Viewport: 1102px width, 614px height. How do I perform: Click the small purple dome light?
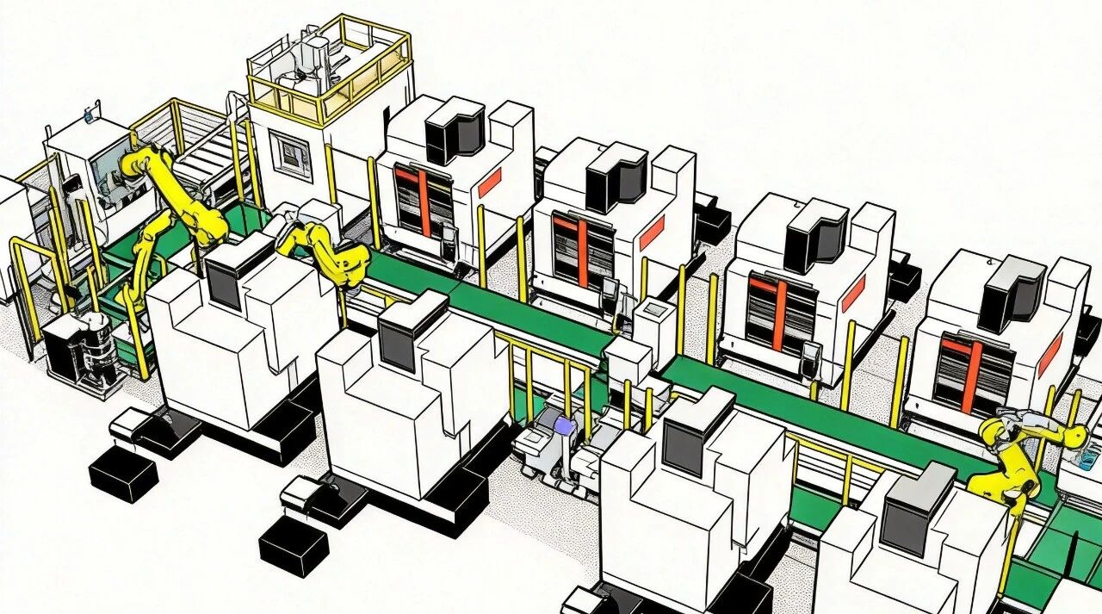coord(563,426)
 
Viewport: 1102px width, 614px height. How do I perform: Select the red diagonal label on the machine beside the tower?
coord(490,181)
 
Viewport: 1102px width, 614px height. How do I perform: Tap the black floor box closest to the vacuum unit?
coord(123,474)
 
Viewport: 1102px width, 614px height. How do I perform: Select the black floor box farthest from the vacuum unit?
coord(293,548)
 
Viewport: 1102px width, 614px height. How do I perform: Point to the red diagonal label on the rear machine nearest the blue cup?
coord(1049,354)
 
